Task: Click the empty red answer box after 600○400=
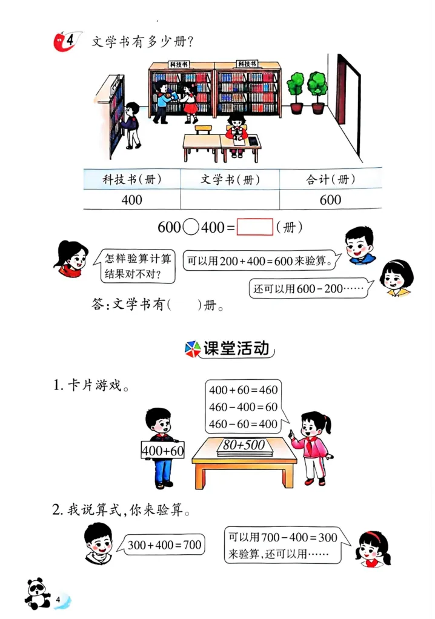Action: (x=254, y=227)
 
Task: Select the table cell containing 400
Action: (x=131, y=199)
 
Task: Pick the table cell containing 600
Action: (x=330, y=199)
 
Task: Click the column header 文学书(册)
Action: (x=230, y=179)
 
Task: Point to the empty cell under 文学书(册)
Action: (x=230, y=199)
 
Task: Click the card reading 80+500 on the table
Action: (x=244, y=445)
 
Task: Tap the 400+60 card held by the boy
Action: (x=162, y=450)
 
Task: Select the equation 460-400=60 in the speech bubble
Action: (x=243, y=406)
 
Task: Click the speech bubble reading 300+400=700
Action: (x=164, y=545)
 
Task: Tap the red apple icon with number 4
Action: (x=64, y=41)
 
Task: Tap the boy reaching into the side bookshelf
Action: (x=131, y=124)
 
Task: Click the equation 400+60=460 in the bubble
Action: (x=243, y=390)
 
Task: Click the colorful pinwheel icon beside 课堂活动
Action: (x=191, y=349)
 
